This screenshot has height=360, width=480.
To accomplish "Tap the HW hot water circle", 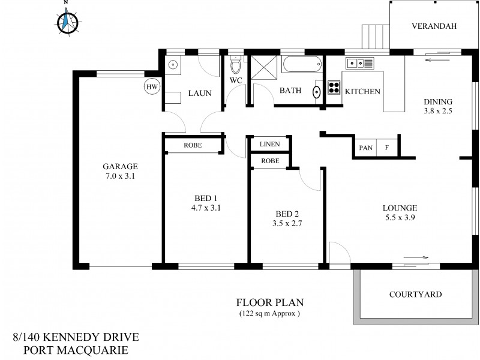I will tap(152, 87).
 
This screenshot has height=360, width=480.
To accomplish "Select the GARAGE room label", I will tap(120, 167).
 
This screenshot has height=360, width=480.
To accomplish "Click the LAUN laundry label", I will tap(199, 94).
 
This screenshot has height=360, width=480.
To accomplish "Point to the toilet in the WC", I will tap(235, 65).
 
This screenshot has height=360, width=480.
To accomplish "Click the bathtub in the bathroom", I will tap(302, 65).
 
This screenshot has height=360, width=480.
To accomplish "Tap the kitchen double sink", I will tap(359, 62).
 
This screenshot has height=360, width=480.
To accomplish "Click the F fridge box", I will tap(387, 148).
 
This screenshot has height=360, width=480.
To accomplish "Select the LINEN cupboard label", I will tap(269, 145).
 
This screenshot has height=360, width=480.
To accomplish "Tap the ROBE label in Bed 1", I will tap(193, 145).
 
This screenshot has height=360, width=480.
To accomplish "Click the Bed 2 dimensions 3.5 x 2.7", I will tap(287, 224).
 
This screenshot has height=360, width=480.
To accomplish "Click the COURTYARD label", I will tap(415, 295).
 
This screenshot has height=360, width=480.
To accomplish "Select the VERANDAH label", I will tap(434, 26).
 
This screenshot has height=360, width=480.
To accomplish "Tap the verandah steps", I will tap(375, 37).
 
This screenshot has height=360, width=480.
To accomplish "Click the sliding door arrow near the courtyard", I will tap(413, 257).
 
